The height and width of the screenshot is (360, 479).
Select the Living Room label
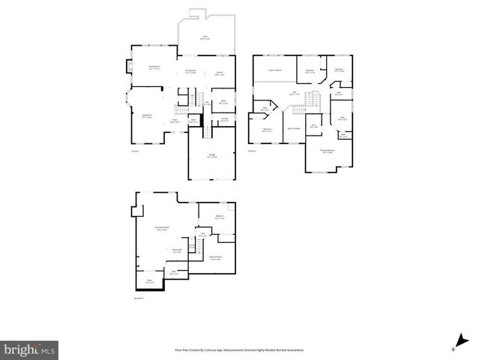coord(147,115)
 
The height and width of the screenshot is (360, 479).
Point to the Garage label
coord(212,155)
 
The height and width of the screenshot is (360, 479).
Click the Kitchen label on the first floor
coord(220,73)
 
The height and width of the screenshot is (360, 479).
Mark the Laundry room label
coord(224,119)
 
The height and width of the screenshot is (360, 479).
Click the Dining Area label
coord(191,72)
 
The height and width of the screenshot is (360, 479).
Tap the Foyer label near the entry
coord(174,120)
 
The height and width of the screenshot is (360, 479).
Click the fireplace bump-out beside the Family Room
coord(127,66)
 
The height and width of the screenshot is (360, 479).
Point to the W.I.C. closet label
coord(314,126)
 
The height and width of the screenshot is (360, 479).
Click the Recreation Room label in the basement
coord(161,228)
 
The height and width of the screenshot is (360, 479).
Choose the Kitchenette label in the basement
coord(177,250)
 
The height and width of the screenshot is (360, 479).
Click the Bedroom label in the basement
coord(220,217)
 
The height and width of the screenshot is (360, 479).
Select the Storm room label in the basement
coord(149,281)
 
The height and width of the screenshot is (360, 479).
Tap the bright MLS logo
coord(30,349)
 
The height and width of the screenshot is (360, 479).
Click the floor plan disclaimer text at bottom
coord(239,349)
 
